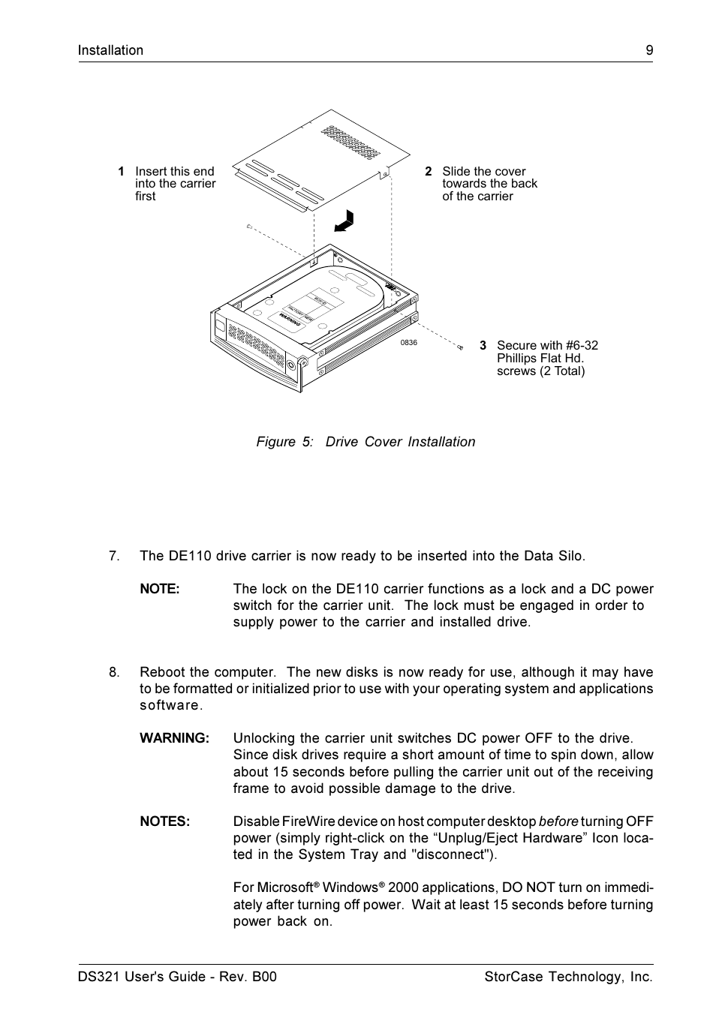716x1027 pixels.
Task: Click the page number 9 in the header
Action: tap(648, 50)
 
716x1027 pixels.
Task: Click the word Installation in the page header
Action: tap(110, 50)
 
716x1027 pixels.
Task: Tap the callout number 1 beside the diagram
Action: tap(121, 171)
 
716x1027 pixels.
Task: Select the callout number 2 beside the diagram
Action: tap(428, 171)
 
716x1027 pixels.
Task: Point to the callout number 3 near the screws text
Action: tap(483, 346)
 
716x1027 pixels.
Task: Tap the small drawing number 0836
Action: tap(408, 343)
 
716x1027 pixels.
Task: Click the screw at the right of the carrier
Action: tap(459, 347)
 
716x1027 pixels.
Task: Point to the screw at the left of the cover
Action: tap(248, 226)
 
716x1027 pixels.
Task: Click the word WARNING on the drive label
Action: tap(290, 320)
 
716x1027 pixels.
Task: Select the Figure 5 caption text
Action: tap(366, 442)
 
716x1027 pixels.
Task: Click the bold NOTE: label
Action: tap(159, 589)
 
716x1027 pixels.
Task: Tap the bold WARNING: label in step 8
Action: tap(174, 738)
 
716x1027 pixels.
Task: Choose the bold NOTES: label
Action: tap(164, 821)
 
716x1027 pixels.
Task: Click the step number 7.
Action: tap(113, 556)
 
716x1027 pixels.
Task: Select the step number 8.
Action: tap(113, 672)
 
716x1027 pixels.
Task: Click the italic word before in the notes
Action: tap(558, 821)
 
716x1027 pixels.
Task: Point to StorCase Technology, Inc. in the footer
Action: tap(568, 977)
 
